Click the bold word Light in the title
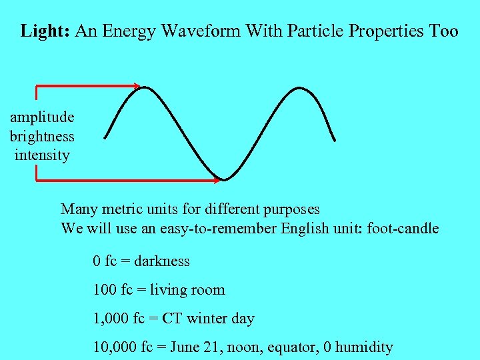click(45, 31)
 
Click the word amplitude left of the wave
click(42, 117)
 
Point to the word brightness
click(42, 136)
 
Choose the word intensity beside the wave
click(42, 155)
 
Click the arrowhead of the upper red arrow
click(136, 86)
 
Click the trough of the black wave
click(225, 179)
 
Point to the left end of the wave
click(106, 138)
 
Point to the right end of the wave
click(334, 140)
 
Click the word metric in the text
click(120, 209)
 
